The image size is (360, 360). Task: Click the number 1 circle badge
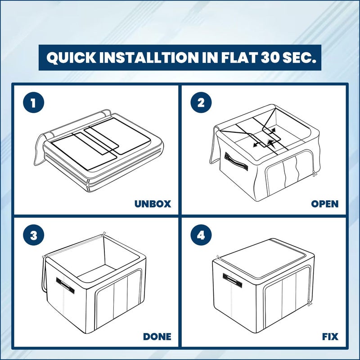click(33, 103)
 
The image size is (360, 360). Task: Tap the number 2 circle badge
click(201, 103)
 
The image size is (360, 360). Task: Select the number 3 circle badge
click(33, 235)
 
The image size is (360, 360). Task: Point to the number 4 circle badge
click(201, 235)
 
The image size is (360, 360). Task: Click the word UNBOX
click(153, 204)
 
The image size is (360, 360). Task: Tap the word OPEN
click(324, 204)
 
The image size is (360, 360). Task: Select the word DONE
click(157, 337)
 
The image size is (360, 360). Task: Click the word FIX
click(330, 337)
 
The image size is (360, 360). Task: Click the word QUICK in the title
click(72, 58)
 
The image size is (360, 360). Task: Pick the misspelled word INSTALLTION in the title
click(149, 58)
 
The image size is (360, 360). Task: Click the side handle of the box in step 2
click(236, 162)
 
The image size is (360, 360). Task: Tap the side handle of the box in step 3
click(65, 286)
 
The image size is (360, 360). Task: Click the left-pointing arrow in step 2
click(257, 144)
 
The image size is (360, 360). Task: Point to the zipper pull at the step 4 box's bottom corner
click(309, 303)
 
